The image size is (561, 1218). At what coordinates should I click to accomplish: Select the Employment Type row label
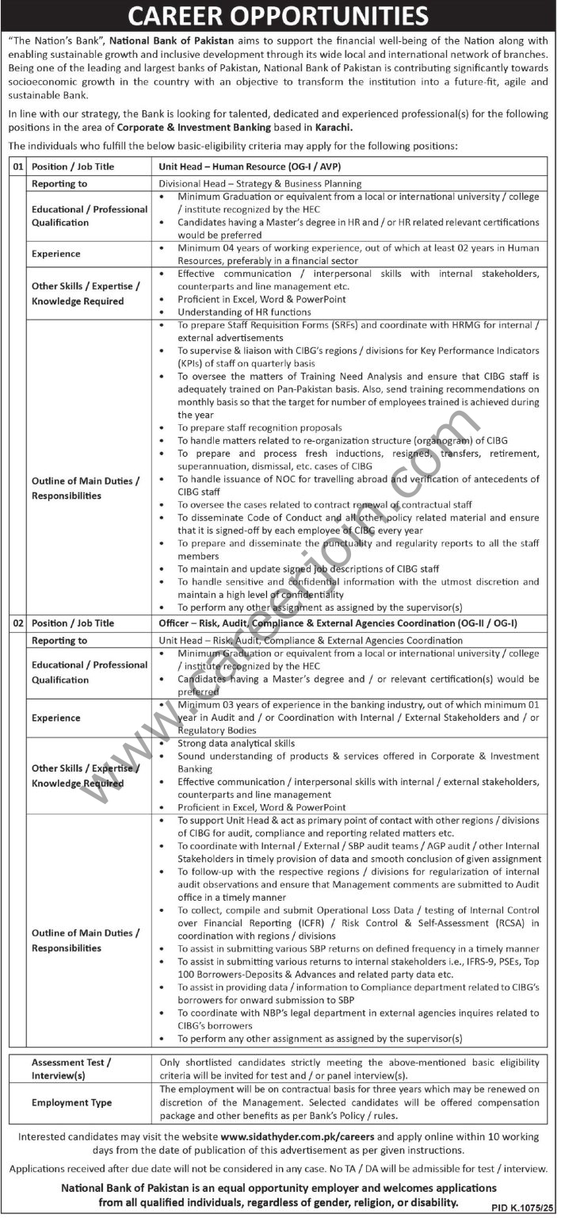click(71, 1103)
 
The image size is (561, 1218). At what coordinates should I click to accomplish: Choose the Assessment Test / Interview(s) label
click(71, 1069)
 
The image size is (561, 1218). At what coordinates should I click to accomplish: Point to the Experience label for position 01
click(56, 254)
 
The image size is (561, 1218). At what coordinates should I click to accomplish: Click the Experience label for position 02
click(56, 718)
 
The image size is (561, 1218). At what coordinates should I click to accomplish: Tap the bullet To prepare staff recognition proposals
click(260, 427)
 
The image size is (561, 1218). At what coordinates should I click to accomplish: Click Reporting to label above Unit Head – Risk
click(59, 640)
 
